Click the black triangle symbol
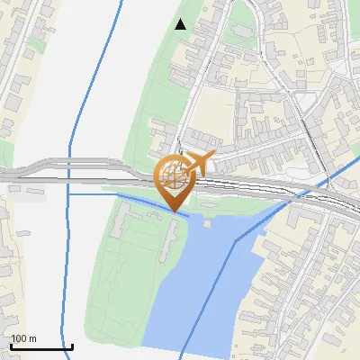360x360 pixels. pos(181,24)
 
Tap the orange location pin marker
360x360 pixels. pos(174,181)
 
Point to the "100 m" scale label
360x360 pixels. pos(23,338)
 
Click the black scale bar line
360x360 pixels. pos(41,346)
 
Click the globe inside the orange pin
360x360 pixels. pos(171,174)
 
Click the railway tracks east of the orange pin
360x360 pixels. pos(270,187)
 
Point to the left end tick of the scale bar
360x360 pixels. pos(11,346)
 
